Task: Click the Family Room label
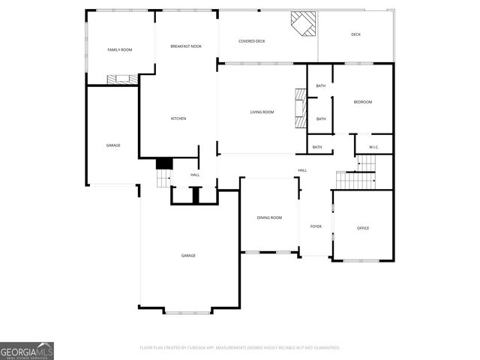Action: (x=120, y=49)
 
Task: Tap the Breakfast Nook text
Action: (x=186, y=46)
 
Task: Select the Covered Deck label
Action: (x=252, y=41)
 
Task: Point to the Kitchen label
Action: (x=178, y=118)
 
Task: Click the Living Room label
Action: (x=262, y=112)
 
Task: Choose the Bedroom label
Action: (x=363, y=102)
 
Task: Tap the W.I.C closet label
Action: (x=373, y=147)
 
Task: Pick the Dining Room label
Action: (x=269, y=217)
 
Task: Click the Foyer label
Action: (x=316, y=226)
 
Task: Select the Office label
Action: (x=363, y=228)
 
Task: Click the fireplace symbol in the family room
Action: (x=121, y=78)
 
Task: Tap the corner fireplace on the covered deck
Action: (x=304, y=24)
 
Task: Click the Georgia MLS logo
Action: (x=27, y=350)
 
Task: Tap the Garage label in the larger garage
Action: (x=188, y=256)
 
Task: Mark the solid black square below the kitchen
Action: (x=164, y=163)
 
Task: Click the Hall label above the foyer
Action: (x=302, y=170)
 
